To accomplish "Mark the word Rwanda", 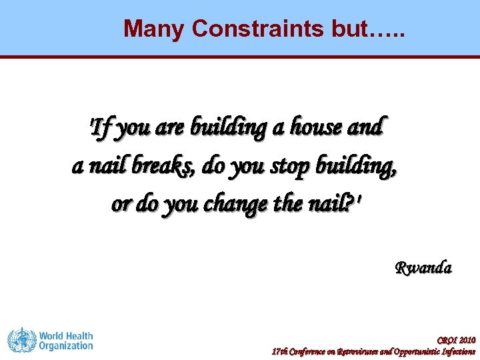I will click(x=423, y=268).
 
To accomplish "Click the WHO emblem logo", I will click(x=21, y=340).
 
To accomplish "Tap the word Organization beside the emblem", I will click(x=66, y=346).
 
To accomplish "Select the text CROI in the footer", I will click(x=447, y=340).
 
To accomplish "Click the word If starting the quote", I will click(x=102, y=126).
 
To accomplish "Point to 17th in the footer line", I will click(x=279, y=351).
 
